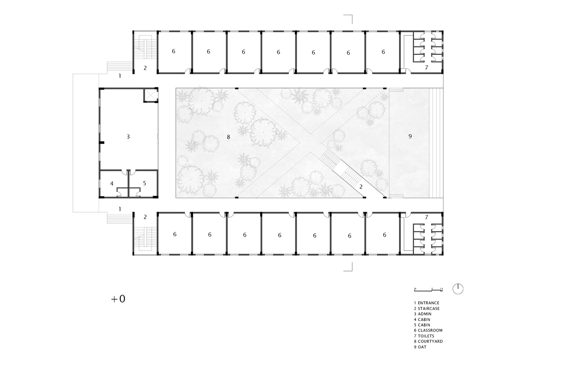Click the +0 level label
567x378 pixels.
coord(118,299)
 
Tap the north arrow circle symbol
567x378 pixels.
coord(458,289)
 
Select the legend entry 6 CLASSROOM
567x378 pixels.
coord(428,330)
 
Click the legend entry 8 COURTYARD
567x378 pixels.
coord(428,341)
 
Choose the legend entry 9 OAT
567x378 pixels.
coord(420,347)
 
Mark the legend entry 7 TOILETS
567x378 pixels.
coord(424,336)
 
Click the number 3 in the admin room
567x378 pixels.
coord(128,136)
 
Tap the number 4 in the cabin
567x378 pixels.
coord(112,184)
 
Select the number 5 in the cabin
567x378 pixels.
coord(144,183)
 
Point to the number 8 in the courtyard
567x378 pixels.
coord(228,137)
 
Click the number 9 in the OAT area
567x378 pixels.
coord(410,136)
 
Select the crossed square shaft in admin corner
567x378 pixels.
coord(150,95)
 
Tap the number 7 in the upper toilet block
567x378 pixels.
coord(426,68)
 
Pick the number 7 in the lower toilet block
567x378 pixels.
coord(426,217)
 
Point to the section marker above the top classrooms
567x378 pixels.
coord(348,19)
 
